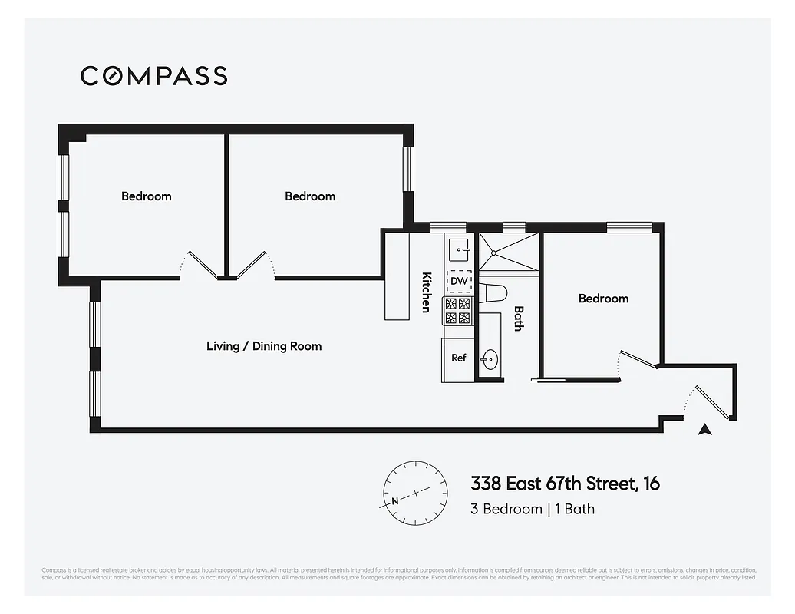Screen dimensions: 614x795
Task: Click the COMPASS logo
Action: pos(153,75)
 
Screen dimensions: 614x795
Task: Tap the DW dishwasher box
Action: pos(459,282)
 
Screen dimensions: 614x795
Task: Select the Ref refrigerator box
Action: pos(459,358)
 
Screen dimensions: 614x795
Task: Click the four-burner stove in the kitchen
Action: pos(458,311)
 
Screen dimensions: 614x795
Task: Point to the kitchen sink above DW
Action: pos(459,248)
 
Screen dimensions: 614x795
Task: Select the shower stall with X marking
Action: pos(508,252)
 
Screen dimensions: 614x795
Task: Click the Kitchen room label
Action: pos(426,292)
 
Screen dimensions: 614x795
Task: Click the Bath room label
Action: pos(519,318)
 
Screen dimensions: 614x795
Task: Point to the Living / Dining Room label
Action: pos(264,346)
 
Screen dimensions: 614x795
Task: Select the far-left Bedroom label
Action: pos(147,196)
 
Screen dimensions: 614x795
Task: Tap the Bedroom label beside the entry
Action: pos(603,299)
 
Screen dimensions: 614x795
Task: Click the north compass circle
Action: pos(415,493)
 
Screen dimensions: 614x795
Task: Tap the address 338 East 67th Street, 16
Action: pos(565,484)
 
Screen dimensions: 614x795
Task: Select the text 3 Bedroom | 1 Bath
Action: pos(533,509)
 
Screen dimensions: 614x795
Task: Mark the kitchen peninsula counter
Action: pos(397,276)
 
